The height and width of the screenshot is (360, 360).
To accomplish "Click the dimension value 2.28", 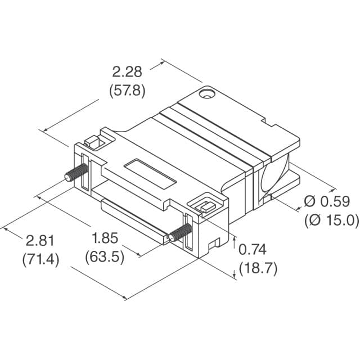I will pyautogui.click(x=128, y=72).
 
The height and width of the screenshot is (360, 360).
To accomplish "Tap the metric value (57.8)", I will pyautogui.click(x=128, y=89).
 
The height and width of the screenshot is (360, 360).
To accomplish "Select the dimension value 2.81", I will pyautogui.click(x=40, y=241).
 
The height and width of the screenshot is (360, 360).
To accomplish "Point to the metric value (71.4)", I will pyautogui.click(x=40, y=259).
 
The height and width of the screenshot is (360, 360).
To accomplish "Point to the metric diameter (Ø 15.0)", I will pyautogui.click(x=331, y=220).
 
